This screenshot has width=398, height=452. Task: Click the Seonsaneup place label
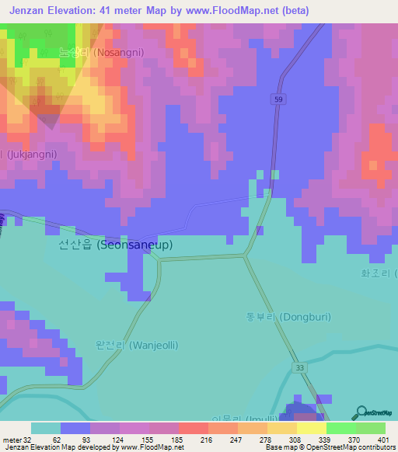[x=115, y=244]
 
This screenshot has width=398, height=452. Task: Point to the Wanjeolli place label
[x=129, y=344]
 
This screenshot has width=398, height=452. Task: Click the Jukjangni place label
[x=31, y=155]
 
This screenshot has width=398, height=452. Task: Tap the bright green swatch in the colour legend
[x=341, y=428]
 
